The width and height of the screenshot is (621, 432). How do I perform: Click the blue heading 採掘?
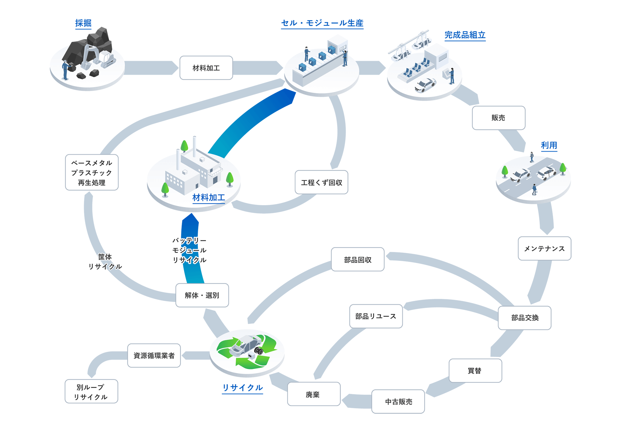[83, 23]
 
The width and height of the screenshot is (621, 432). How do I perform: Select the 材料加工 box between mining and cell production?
[206, 68]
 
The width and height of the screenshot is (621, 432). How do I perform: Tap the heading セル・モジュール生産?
[322, 23]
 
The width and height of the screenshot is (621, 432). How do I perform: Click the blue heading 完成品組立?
[465, 35]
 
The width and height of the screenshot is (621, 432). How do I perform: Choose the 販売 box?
[498, 118]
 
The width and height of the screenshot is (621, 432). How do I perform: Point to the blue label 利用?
[549, 145]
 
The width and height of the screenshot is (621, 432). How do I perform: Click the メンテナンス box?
[544, 249]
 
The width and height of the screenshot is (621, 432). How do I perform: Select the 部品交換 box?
[525, 318]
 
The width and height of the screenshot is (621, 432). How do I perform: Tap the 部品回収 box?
[358, 260]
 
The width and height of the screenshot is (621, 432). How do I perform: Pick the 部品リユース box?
[376, 317]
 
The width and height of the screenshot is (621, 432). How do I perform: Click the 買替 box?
[475, 371]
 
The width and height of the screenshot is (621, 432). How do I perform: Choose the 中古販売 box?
[398, 401]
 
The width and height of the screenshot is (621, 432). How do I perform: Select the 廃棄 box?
[314, 394]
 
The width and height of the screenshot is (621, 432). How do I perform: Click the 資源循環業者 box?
[154, 356]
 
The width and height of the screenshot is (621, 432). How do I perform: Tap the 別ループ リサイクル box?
[91, 392]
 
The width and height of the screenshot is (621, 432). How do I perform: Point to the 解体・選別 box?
[202, 295]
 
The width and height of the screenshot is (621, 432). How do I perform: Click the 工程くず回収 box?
[321, 183]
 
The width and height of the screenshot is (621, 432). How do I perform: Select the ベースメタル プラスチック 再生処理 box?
[92, 172]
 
